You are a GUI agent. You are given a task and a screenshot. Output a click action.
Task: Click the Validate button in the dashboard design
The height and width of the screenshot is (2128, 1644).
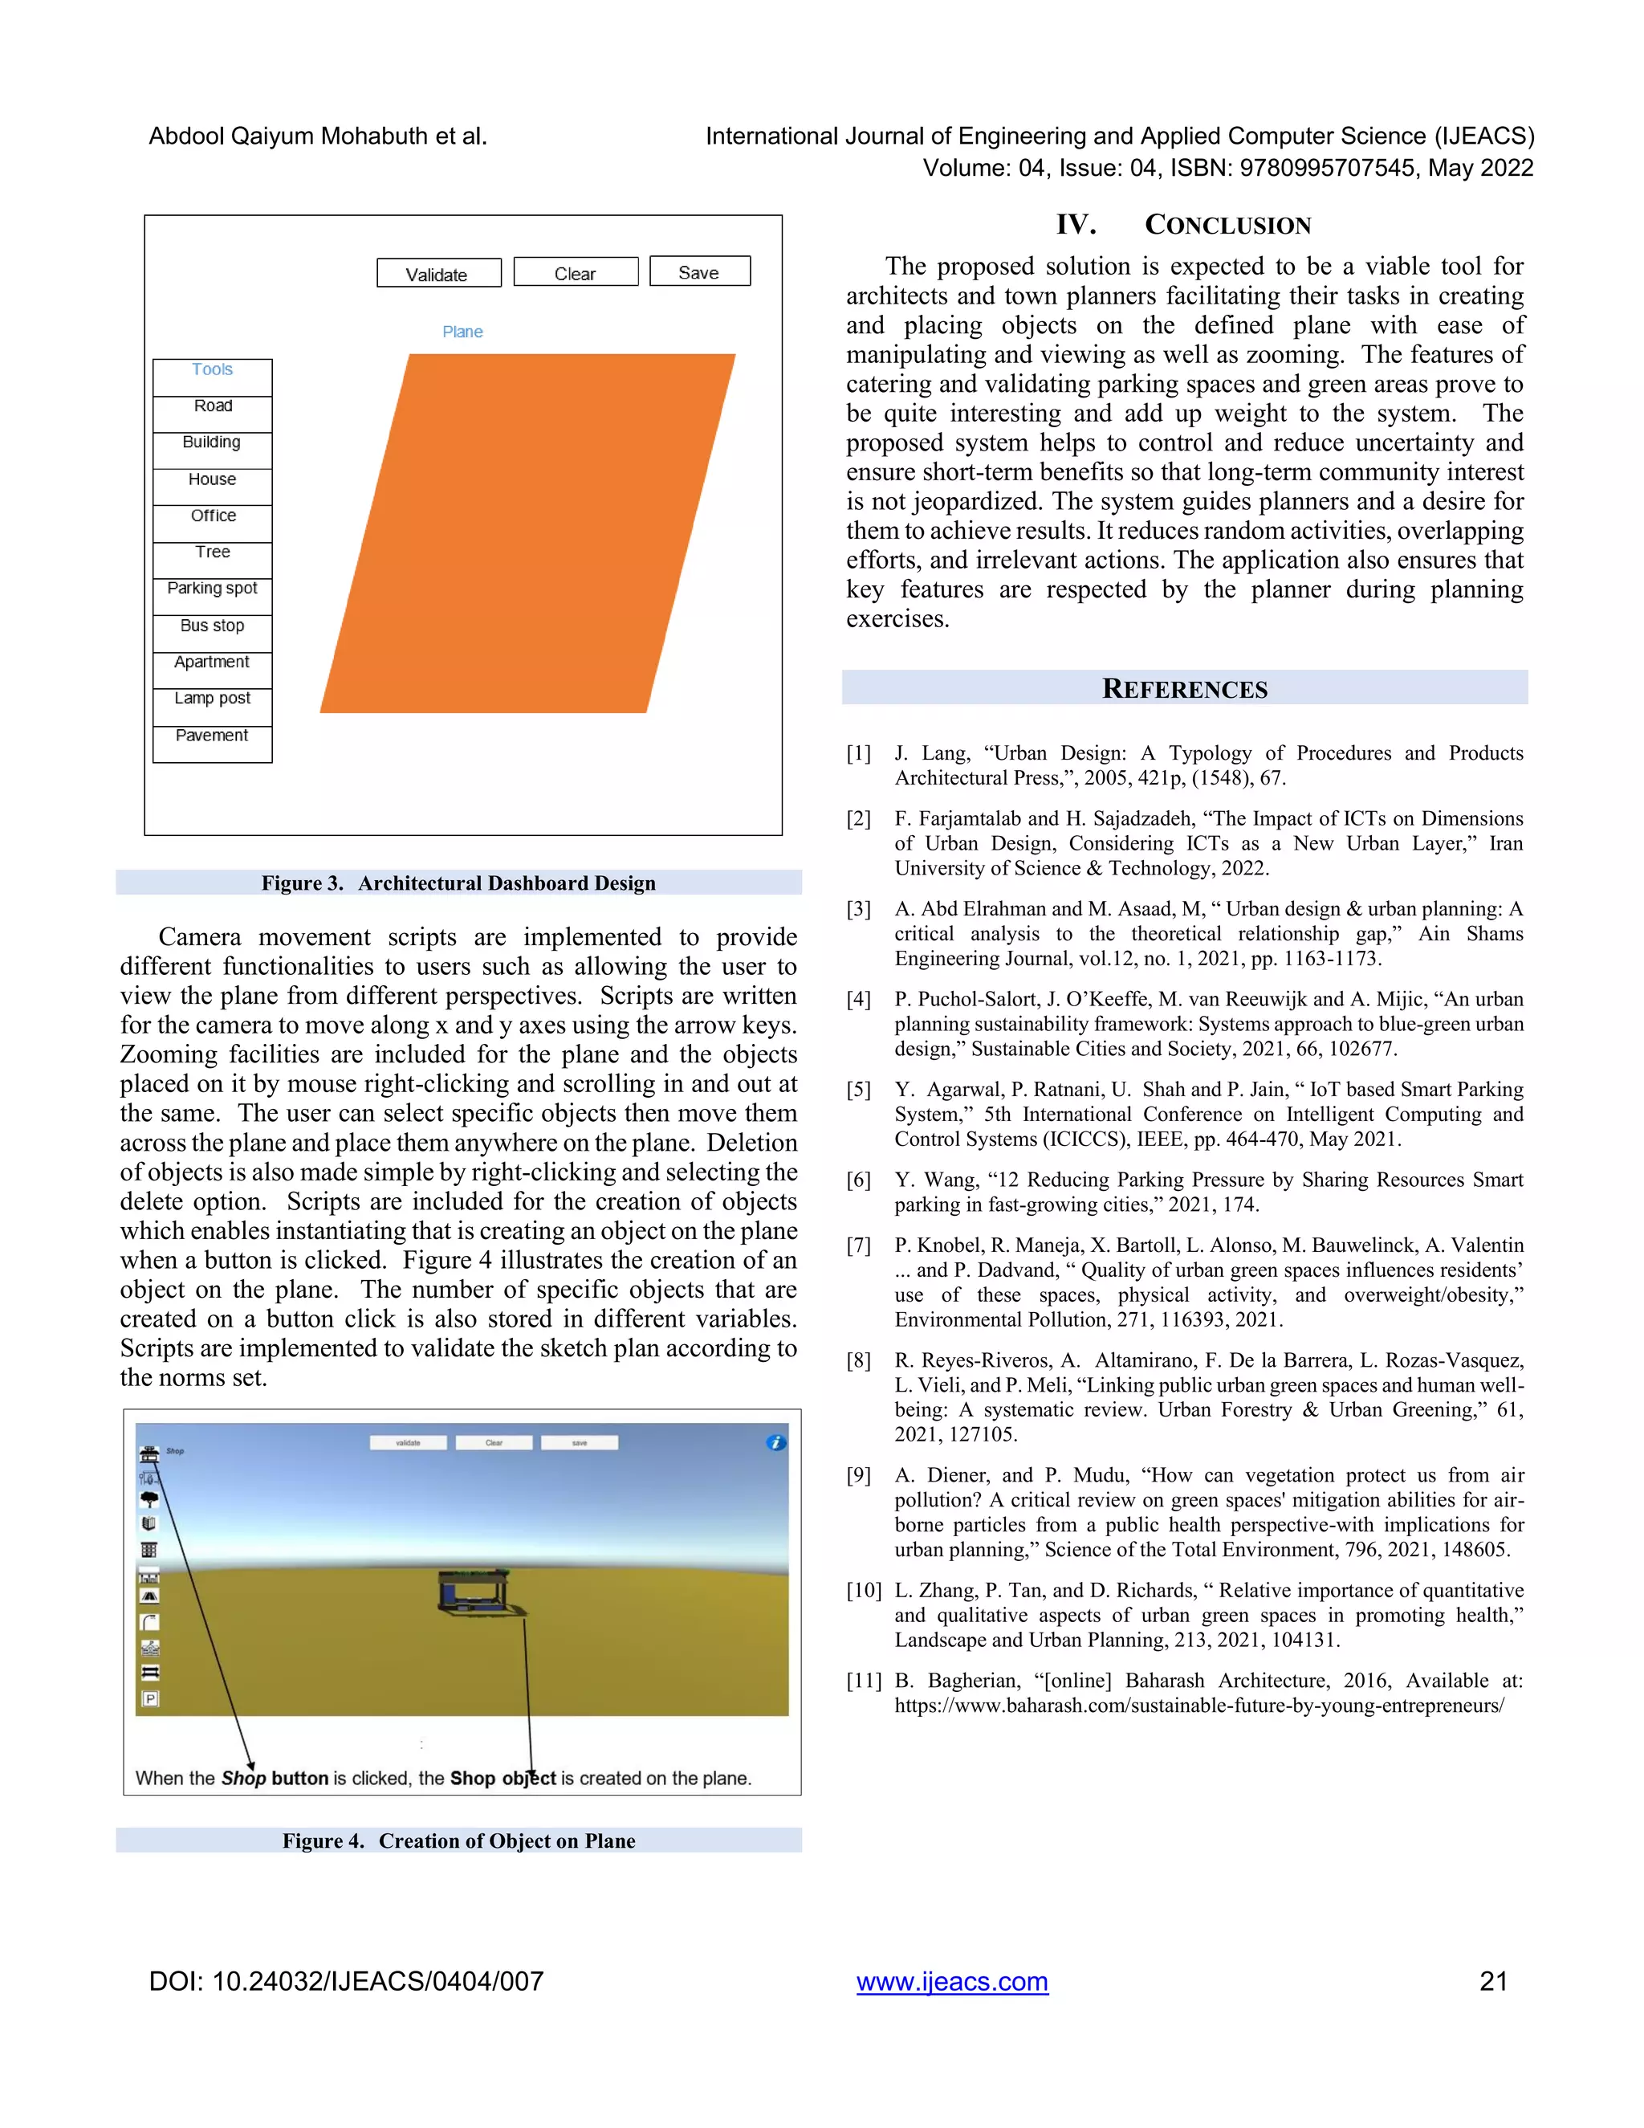coord(438,273)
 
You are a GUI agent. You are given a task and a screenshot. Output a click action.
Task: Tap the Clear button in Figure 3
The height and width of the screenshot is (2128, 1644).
coord(576,272)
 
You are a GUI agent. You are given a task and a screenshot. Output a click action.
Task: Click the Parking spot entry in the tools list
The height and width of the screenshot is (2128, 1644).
coord(212,589)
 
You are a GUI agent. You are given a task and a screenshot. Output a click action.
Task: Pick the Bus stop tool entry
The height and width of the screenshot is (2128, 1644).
coord(212,626)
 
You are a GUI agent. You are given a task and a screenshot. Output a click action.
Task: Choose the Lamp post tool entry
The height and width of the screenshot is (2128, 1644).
coord(212,699)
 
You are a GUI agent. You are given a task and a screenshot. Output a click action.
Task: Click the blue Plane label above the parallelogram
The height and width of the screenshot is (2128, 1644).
coord(462,332)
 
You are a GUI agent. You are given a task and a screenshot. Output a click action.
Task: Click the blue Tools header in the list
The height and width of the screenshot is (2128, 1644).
coord(212,369)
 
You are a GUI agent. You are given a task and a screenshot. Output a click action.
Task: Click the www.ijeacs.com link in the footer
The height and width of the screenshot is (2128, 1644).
coord(951,1981)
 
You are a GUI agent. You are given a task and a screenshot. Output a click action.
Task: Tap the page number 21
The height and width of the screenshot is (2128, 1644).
coord(1493,1981)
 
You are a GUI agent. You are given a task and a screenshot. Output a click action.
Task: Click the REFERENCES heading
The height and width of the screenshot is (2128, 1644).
coord(1184,689)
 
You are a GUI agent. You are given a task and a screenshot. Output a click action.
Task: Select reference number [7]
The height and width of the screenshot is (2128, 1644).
coord(859,1245)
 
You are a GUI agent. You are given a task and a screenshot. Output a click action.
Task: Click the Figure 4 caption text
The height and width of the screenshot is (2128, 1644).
coord(458,1841)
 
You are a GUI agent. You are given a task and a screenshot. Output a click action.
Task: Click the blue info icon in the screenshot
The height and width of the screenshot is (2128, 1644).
coord(775,1442)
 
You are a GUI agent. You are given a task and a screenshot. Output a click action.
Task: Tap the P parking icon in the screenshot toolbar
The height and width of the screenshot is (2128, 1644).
coord(150,1699)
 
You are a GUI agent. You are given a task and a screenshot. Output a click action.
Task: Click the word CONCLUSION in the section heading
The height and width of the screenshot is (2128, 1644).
coord(1227,225)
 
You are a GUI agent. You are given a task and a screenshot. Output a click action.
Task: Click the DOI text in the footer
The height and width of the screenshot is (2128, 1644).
coord(346,1981)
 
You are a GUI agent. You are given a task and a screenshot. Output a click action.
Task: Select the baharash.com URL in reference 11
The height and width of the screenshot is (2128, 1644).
coord(1199,1705)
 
